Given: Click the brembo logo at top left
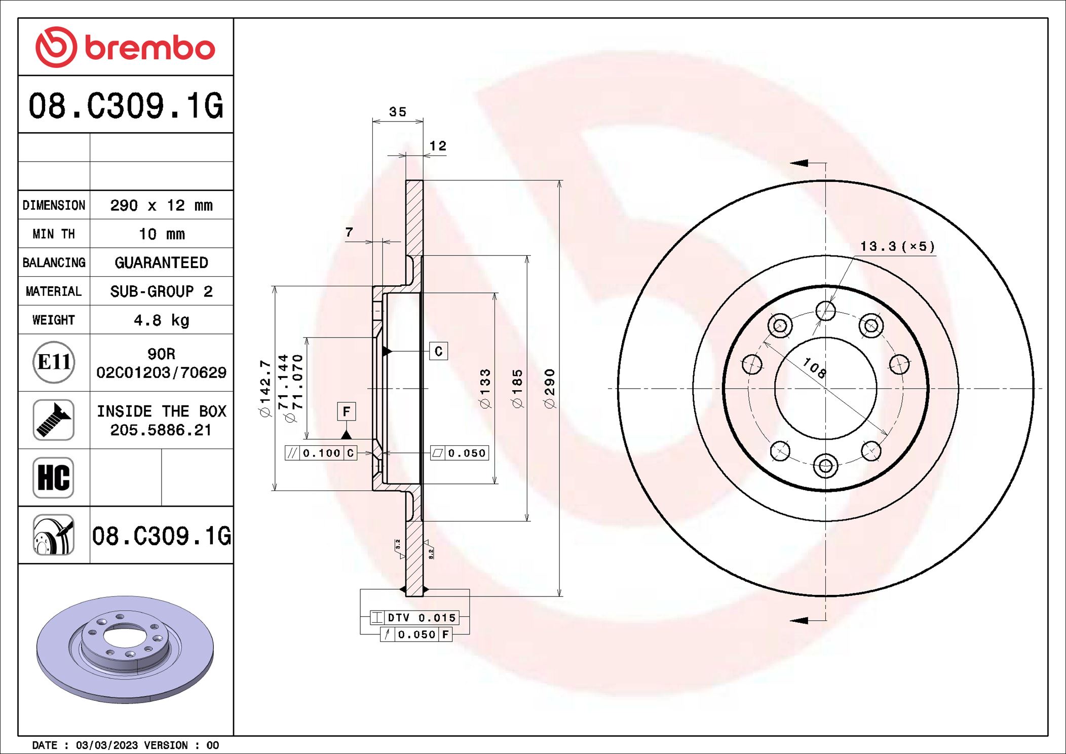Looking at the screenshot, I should coord(125,48).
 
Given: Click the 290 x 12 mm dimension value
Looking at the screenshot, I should coord(161,205).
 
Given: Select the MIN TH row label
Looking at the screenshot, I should coord(54,234).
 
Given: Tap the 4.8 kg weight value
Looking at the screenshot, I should coord(161,320).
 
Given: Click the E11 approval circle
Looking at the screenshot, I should coord(54,362).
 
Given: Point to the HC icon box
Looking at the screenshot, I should coord(54,477).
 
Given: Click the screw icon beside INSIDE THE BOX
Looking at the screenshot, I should coord(54,420).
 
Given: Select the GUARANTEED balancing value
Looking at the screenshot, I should coord(161,262).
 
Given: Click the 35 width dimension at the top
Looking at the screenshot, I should coord(398,112).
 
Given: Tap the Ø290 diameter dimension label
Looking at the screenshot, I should coord(549,388).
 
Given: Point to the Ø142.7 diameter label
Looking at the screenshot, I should coord(265,388).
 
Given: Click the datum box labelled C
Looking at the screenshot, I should coord(438,351).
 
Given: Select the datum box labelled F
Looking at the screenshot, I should coord(347,411).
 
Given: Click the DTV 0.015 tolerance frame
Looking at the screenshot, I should coord(414,618).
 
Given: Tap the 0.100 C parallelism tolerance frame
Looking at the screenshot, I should coord(321,453).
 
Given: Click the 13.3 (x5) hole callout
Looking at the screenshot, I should coord(897,247).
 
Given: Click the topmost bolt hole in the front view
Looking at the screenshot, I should coord(825,311).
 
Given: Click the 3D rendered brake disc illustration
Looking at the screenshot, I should coord(125,649).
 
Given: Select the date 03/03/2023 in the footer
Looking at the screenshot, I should coord(106,745).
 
